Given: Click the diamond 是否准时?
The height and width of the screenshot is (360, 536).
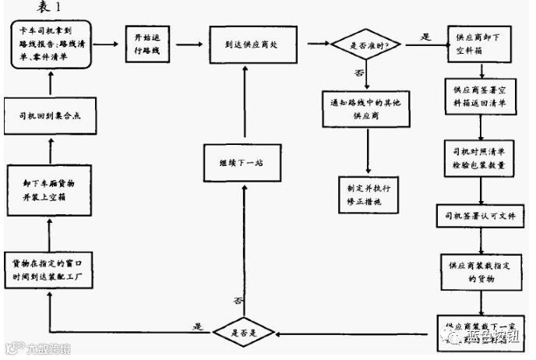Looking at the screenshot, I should point(366,44).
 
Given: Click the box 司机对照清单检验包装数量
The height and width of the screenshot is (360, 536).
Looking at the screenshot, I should point(477,156).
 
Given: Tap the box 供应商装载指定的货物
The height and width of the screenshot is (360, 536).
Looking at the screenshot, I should point(477,269).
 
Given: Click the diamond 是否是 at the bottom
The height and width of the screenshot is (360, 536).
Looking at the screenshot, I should point(244,332).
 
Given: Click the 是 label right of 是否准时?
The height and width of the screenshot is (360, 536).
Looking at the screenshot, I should point(425,37).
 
